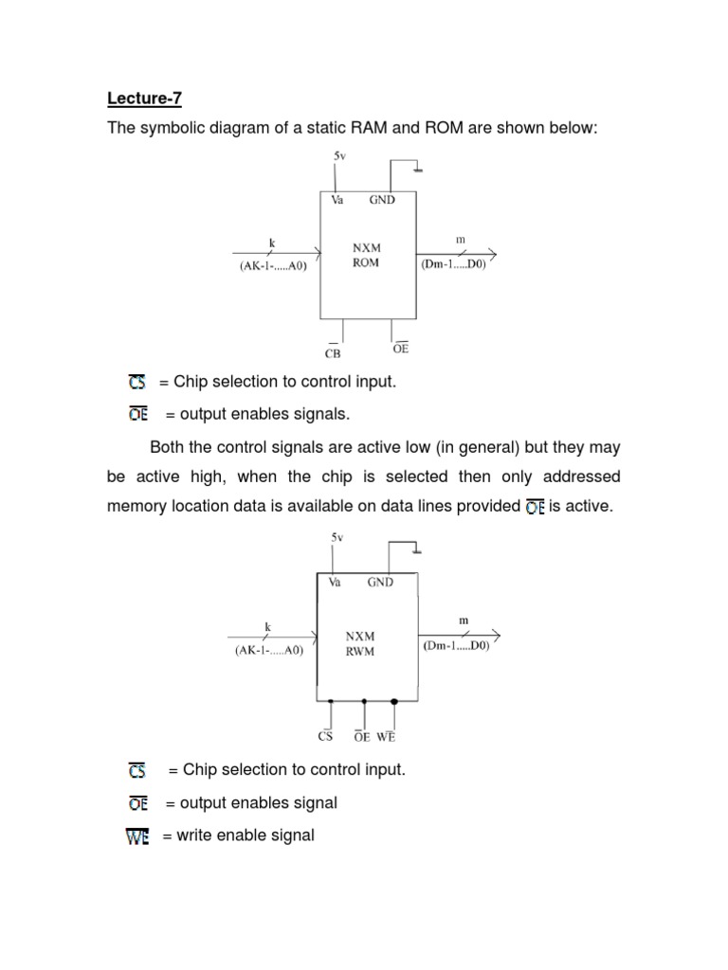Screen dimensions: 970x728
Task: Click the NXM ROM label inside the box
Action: pos(366,256)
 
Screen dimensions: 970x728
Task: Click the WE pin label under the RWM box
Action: pos(386,736)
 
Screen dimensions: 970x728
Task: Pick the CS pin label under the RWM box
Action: pos(326,736)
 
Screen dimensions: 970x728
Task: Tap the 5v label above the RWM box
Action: pos(337,536)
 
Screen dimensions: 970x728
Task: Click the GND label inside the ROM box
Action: pos(382,200)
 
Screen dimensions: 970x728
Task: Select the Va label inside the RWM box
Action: pos(335,583)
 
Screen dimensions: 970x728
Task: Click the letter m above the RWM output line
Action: pos(464,620)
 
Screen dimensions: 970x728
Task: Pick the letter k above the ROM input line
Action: pos(271,242)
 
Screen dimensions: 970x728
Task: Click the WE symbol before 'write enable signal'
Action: pos(138,836)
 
